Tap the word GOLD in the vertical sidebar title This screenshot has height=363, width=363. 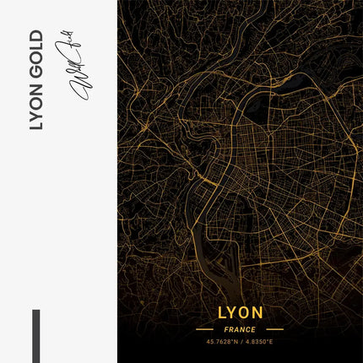pyautogui.click(x=35, y=59)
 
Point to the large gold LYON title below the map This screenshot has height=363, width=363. pyautogui.click(x=240, y=313)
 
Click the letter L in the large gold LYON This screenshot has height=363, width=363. pyautogui.click(x=220, y=313)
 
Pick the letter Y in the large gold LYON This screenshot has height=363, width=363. pyautogui.click(x=233, y=313)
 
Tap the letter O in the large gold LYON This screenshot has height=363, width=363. pyautogui.click(x=246, y=313)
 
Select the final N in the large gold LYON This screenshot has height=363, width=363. pyautogui.click(x=259, y=313)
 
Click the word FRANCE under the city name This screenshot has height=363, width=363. pyautogui.click(x=240, y=329)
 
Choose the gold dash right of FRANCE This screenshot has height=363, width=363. pyautogui.click(x=274, y=329)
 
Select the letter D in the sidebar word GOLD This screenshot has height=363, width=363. pyautogui.click(x=35, y=38)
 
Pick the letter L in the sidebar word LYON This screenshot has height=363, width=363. pyautogui.click(x=35, y=127)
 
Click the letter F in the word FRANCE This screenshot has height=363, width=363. pyautogui.click(x=227, y=329)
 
